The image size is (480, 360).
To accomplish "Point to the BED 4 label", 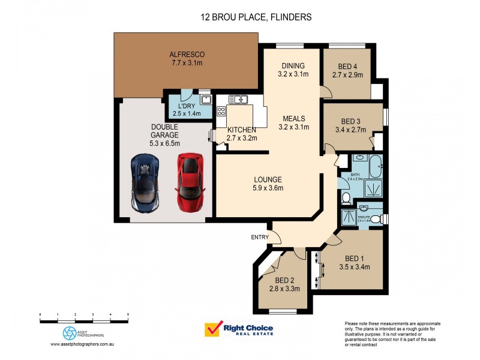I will pyautogui.click(x=347, y=67).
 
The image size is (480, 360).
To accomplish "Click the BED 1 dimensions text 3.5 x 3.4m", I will pyautogui.click(x=354, y=267).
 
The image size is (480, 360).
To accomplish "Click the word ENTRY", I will pyautogui.click(x=260, y=238).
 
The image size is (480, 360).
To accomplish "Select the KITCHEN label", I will pyautogui.click(x=241, y=130).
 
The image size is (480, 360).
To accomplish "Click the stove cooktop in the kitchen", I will pyautogui.click(x=221, y=111).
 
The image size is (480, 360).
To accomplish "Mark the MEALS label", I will pyautogui.click(x=295, y=118).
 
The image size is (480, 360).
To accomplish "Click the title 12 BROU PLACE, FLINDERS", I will pyautogui.click(x=256, y=17).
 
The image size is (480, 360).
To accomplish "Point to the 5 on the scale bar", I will pyautogui.click(x=128, y=314).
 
